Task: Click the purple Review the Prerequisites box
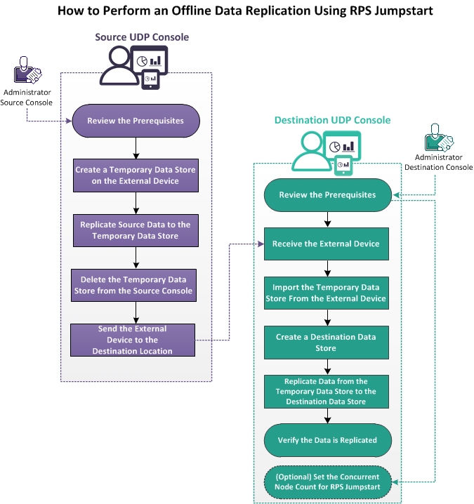pos(136,121)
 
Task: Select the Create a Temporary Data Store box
pos(136,175)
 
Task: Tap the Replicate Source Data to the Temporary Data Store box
pos(136,230)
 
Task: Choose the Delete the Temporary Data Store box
pos(136,285)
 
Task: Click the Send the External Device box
pos(132,340)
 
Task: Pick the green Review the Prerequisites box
pos(327,194)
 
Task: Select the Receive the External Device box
pos(327,244)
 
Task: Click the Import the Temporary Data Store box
pos(327,293)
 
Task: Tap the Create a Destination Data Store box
pos(327,342)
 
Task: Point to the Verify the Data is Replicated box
pos(327,440)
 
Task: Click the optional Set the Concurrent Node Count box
pos(327,482)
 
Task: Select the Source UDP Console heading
pos(143,37)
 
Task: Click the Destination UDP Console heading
pos(332,120)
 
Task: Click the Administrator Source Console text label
pos(27,98)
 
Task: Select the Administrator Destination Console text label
pos(438,163)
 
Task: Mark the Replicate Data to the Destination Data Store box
pos(327,391)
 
